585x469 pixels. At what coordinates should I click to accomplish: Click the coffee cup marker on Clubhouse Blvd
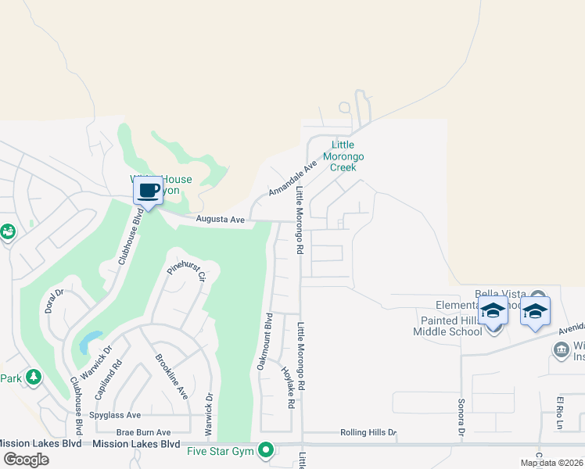pos(149,191)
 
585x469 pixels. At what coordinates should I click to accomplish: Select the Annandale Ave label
pos(292,178)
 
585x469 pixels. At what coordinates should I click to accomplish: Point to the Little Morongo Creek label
pos(343,156)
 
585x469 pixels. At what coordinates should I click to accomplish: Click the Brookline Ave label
pos(172,376)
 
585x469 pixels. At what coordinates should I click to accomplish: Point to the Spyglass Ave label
pos(115,415)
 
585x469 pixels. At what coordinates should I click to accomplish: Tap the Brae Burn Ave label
pos(143,432)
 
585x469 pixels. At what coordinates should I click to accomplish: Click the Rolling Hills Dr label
pos(368,432)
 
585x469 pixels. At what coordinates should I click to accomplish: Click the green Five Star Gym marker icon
pos(267,449)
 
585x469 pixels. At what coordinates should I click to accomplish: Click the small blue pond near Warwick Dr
pos(90,341)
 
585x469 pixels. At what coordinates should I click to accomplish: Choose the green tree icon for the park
pos(33,378)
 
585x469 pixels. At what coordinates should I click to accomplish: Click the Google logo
pos(26,459)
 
